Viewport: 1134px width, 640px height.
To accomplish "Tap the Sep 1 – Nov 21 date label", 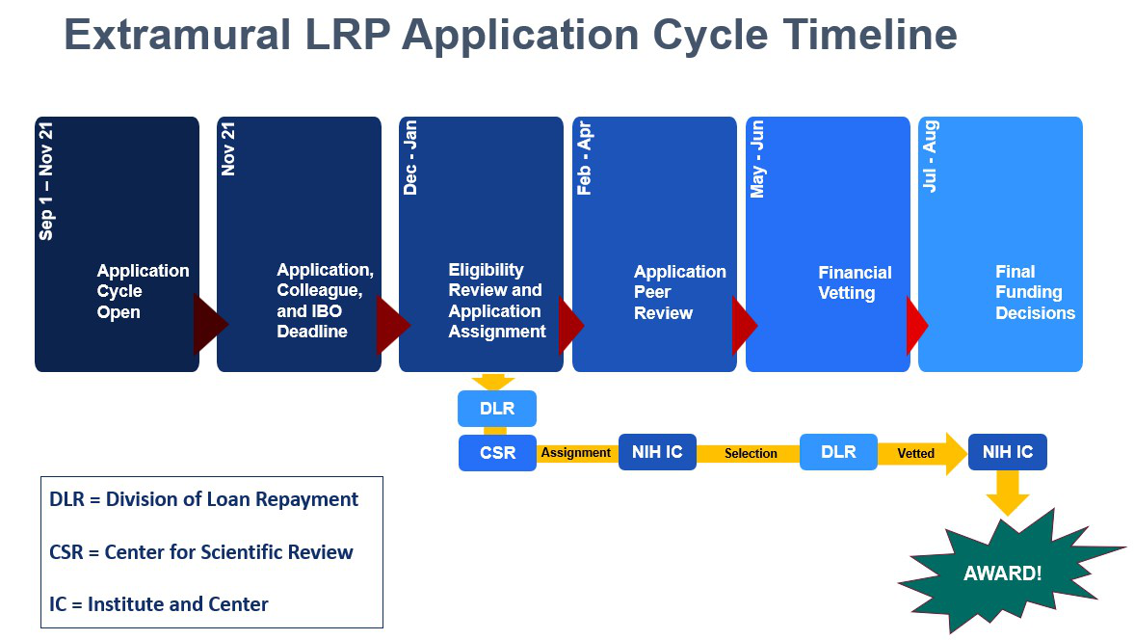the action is click(46, 181).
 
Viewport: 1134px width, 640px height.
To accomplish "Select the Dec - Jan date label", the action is click(410, 158).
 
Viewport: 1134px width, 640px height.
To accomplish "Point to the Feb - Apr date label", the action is click(584, 158).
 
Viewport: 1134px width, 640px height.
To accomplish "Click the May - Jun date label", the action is click(757, 159).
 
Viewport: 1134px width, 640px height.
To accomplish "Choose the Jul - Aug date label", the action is click(930, 156).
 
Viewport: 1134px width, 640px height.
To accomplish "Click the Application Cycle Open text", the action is click(144, 291).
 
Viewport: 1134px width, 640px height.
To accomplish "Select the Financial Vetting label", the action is click(855, 282).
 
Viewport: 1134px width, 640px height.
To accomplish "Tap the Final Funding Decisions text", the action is click(1035, 292).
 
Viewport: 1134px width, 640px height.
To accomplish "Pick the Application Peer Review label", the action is click(680, 292).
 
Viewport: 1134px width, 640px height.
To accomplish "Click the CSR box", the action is click(497, 453).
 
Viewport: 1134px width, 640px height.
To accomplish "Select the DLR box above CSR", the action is click(497, 409).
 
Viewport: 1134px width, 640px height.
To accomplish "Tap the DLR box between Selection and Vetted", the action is click(839, 452).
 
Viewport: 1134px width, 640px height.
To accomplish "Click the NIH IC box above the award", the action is click(1008, 452).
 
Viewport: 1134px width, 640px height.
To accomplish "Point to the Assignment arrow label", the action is click(576, 453).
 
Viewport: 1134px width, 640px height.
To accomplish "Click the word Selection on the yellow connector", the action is click(751, 453).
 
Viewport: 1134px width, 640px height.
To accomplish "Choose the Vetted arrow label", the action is click(915, 453).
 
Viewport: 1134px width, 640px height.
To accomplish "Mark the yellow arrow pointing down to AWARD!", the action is click(1008, 493).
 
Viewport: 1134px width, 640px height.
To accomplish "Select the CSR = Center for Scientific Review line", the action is click(201, 551).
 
